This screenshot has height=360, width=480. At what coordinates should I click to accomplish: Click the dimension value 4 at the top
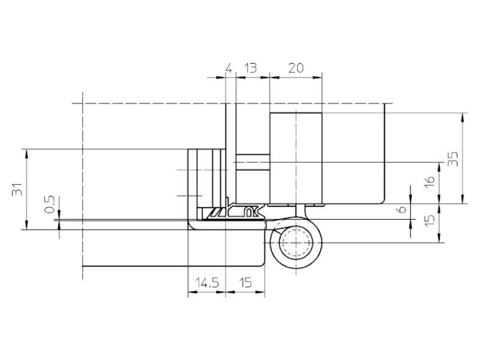tap(229, 68)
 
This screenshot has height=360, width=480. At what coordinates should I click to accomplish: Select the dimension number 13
tap(250, 68)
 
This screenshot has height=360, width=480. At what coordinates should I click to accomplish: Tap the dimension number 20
tap(296, 68)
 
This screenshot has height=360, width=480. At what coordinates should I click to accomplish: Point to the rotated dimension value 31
tap(17, 189)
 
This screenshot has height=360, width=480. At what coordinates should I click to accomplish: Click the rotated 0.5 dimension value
tap(49, 204)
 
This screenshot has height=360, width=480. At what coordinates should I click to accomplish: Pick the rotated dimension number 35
tap(453, 159)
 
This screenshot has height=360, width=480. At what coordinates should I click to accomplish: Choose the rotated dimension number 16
tap(430, 182)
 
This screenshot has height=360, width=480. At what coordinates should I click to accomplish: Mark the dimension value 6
tap(402, 209)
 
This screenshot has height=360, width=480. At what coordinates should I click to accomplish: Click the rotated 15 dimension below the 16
tap(430, 220)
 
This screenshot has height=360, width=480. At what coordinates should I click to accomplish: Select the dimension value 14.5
tap(207, 283)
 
